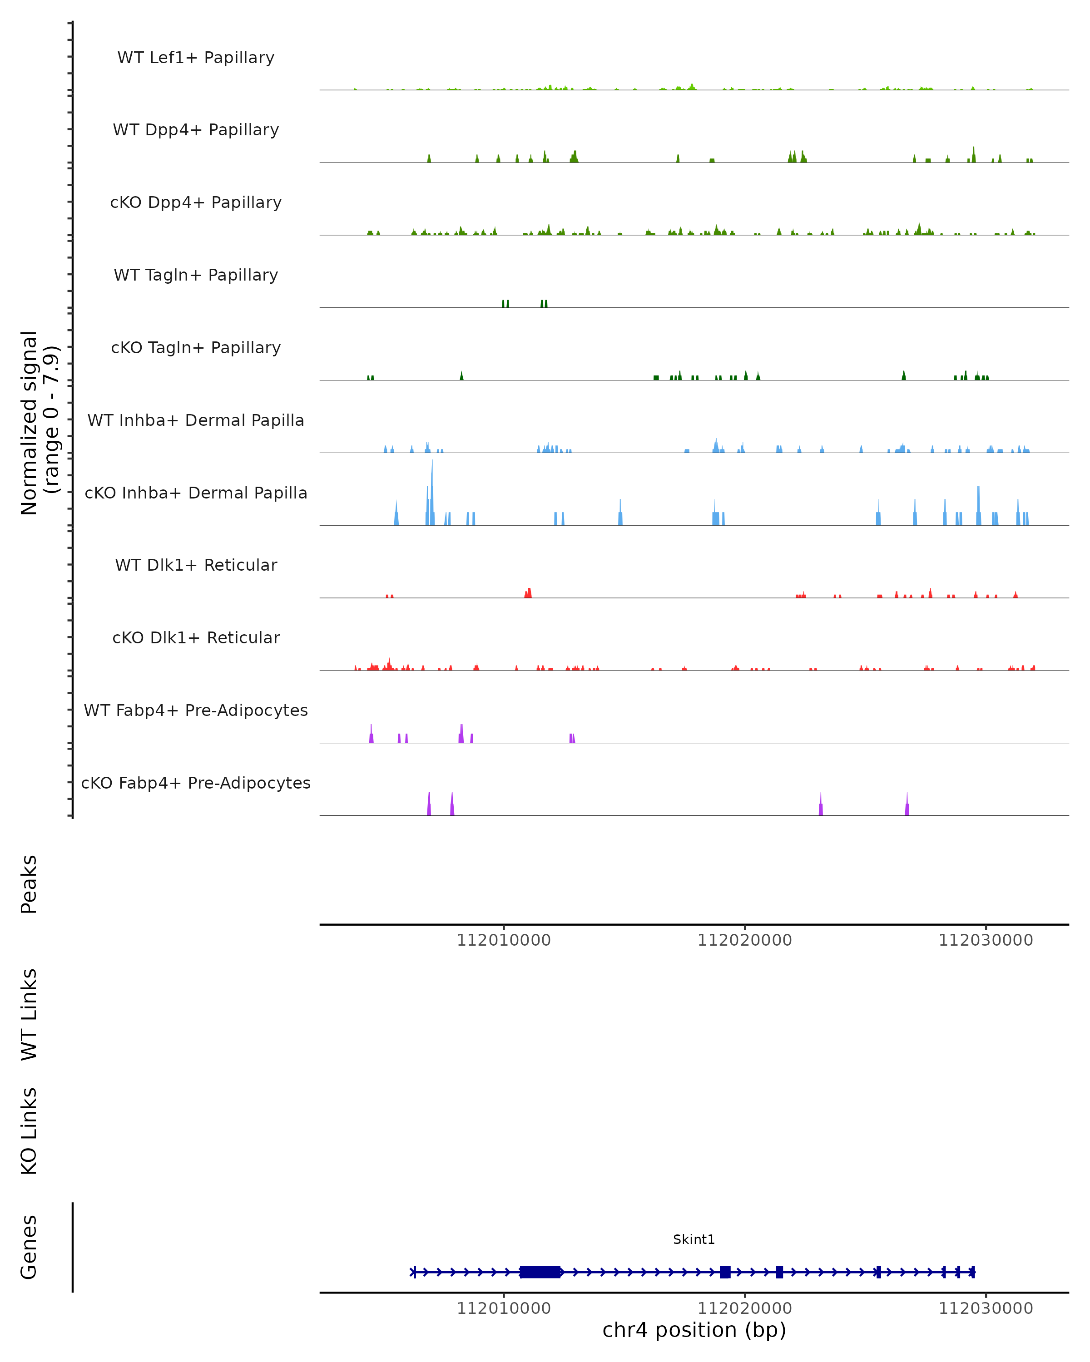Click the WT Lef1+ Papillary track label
point(196,58)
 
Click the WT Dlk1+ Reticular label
point(196,565)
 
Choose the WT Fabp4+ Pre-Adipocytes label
point(196,710)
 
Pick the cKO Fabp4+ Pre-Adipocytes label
point(196,783)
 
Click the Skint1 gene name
point(694,1239)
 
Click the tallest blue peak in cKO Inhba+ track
point(432,493)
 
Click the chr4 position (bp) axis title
point(694,1330)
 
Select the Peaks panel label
point(29,884)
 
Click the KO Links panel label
point(29,1131)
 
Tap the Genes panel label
point(29,1247)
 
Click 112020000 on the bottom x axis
point(744,1308)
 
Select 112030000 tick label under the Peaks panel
point(985,941)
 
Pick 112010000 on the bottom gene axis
point(504,1308)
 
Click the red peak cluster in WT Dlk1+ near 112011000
point(528,593)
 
